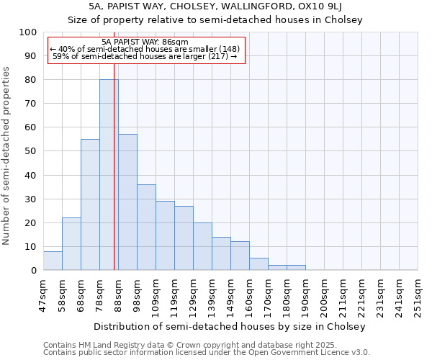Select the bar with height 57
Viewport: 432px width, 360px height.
(x=127, y=202)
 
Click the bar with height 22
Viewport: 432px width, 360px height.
(x=71, y=244)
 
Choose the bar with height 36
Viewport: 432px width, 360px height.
(x=146, y=228)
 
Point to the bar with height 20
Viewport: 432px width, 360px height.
(x=202, y=246)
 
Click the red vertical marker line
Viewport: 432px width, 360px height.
(x=114, y=173)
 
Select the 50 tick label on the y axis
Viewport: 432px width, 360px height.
(x=31, y=151)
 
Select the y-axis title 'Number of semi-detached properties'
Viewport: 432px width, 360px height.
(x=6, y=156)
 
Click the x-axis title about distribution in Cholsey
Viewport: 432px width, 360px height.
(x=230, y=326)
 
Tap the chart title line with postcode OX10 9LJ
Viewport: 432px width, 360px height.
(x=215, y=7)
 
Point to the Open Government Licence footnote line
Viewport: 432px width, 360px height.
(x=206, y=353)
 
